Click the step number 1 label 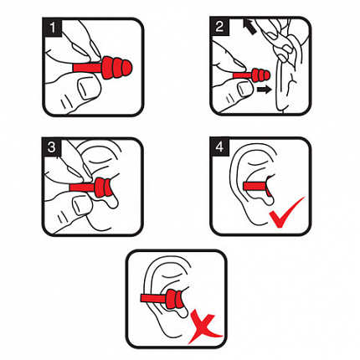pos(52,27)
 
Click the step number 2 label pos(219,27)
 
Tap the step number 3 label pos(52,147)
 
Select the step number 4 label pos(219,147)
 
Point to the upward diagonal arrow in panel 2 pos(249,27)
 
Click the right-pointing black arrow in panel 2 pos(264,90)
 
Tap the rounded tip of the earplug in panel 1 pos(127,68)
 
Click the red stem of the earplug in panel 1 pos(87,68)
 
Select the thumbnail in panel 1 pos(89,88)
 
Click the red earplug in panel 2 pos(252,75)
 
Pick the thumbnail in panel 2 pos(246,89)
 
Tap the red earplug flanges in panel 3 pos(103,188)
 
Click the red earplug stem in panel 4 pos(255,186)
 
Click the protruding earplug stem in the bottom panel pos(153,298)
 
